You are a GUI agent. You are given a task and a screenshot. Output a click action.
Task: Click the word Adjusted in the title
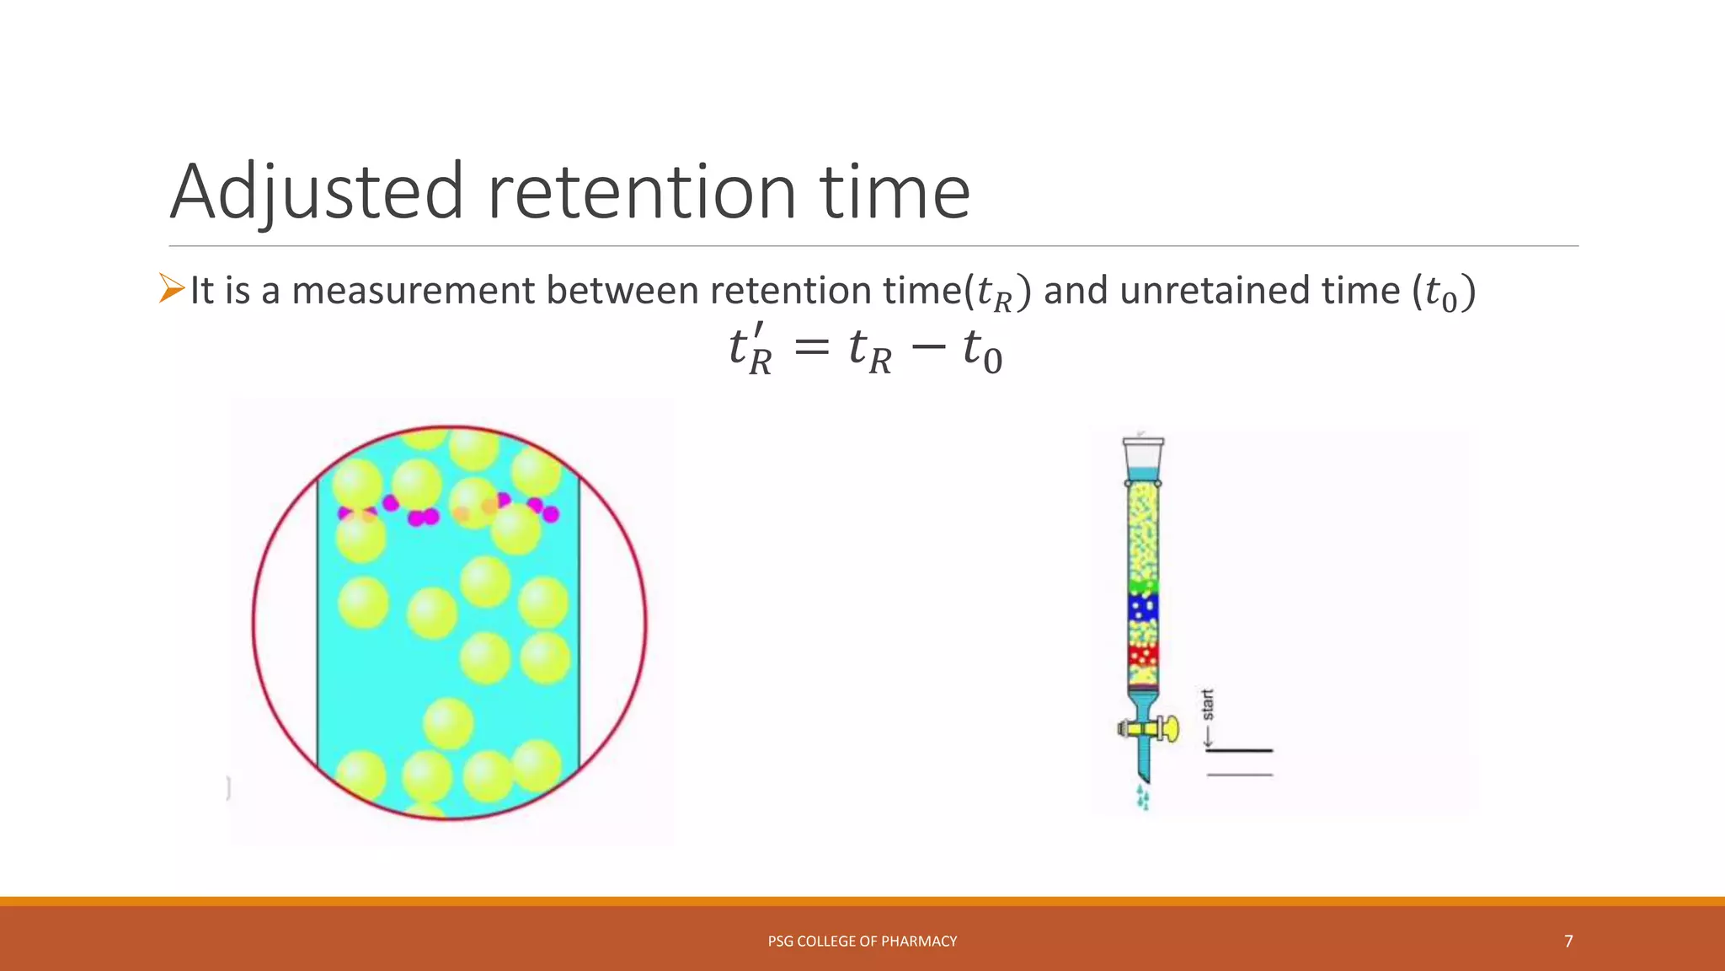tap(317, 192)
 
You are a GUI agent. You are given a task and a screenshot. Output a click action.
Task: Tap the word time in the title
tap(895, 192)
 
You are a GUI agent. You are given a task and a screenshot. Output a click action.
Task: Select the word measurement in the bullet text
tap(413, 291)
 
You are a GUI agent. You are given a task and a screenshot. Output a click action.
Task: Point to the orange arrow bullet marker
tap(172, 288)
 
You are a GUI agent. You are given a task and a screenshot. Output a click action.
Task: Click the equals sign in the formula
tap(812, 348)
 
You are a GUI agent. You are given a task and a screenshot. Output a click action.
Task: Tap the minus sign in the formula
tap(928, 348)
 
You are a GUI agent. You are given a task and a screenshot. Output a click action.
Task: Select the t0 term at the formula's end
tap(982, 350)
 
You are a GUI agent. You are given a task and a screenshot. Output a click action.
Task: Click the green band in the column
tap(1143, 585)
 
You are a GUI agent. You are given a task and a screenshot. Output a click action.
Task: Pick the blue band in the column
tap(1143, 607)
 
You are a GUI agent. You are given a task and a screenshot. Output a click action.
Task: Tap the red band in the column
tap(1143, 654)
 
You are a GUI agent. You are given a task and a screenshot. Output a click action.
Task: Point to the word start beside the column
tap(1208, 705)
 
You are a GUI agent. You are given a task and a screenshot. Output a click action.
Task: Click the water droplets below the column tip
tap(1143, 797)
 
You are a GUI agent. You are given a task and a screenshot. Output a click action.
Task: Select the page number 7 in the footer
tap(1568, 941)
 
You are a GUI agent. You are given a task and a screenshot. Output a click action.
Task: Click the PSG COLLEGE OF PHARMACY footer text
tap(862, 941)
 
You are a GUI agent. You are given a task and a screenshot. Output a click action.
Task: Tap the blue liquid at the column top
tap(1143, 474)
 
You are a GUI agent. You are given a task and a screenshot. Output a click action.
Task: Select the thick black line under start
tap(1239, 750)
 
